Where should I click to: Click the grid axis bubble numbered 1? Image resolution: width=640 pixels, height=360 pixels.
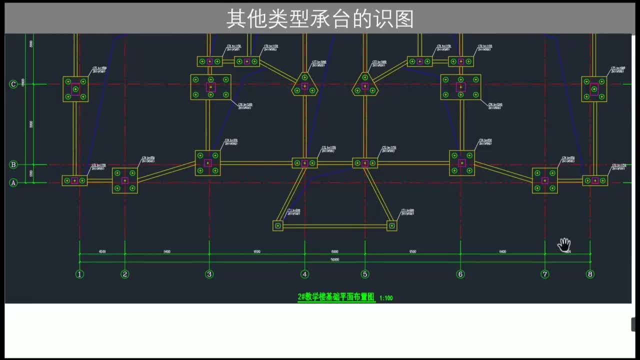click(x=79, y=274)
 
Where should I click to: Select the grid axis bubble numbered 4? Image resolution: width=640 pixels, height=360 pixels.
click(x=304, y=274)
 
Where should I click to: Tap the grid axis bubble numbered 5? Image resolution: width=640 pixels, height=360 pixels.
click(x=365, y=274)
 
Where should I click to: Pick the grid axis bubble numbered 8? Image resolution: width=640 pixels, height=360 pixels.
click(x=590, y=274)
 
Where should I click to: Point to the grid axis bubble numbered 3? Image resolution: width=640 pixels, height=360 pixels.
click(x=209, y=274)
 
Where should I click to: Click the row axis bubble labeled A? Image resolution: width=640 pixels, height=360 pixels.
click(x=13, y=183)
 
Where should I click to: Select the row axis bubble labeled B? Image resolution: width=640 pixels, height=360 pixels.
click(x=13, y=164)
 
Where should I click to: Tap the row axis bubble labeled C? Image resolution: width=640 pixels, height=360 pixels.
click(x=13, y=84)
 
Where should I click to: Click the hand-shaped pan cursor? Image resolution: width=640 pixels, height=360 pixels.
click(x=564, y=245)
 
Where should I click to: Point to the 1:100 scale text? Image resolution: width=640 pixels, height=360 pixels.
click(x=386, y=298)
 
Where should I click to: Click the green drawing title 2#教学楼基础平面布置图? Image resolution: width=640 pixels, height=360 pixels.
click(x=336, y=297)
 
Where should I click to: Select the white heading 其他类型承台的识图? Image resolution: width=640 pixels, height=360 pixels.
click(x=320, y=19)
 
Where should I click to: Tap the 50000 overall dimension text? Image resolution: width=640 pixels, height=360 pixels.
click(x=334, y=260)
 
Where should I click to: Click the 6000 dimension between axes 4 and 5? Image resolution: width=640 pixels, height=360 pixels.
click(x=334, y=252)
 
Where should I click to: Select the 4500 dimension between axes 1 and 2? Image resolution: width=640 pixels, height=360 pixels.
click(x=102, y=252)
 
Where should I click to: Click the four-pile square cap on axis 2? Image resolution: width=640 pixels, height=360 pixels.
click(x=124, y=180)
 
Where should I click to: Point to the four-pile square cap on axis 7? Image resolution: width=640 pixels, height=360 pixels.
click(x=544, y=180)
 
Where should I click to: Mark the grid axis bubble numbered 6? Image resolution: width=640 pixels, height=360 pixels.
click(x=460, y=274)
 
